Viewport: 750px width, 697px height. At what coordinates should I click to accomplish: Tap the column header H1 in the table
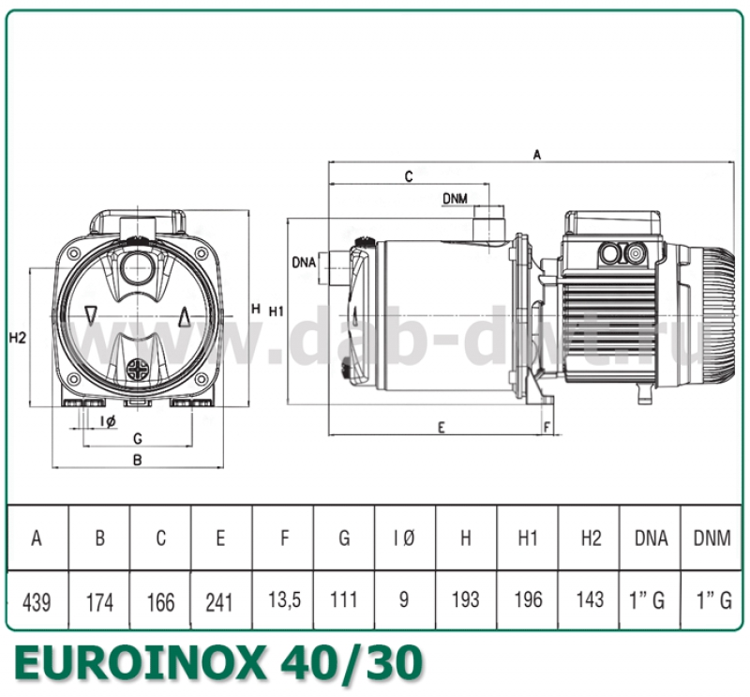[x=528, y=538]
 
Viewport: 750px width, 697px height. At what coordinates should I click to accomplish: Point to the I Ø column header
[x=404, y=538]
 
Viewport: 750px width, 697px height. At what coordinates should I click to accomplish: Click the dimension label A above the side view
[x=537, y=156]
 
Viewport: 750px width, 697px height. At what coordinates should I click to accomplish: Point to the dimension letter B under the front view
[x=137, y=460]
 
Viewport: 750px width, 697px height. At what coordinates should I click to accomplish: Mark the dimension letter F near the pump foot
[x=547, y=427]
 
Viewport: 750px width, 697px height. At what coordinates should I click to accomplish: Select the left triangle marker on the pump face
[x=90, y=314]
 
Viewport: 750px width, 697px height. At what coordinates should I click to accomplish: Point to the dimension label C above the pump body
[x=409, y=176]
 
